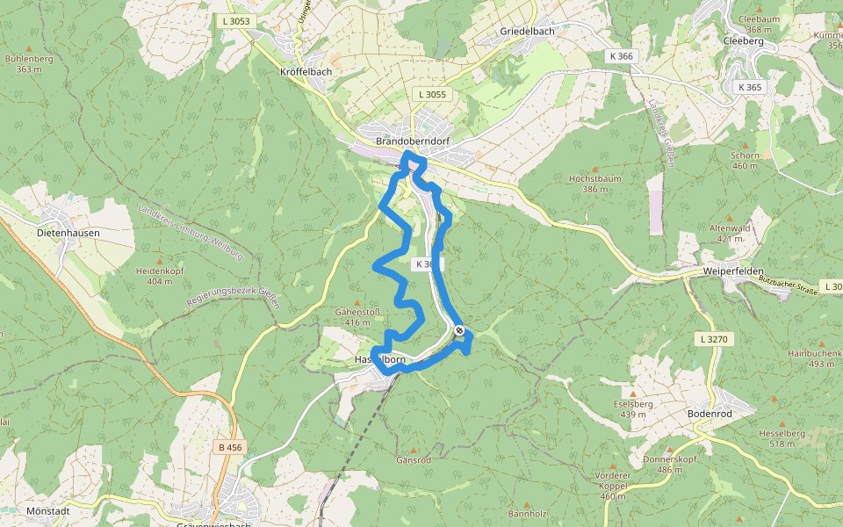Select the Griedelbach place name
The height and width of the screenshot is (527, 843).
point(527,31)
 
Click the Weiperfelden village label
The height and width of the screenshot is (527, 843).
point(733,271)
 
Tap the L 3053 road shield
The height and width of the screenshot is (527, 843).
point(235,21)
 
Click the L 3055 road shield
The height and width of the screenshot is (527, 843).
point(432,94)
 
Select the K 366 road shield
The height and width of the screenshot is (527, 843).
point(621,55)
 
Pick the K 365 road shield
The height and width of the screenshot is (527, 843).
point(750,87)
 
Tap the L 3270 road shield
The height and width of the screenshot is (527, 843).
point(715,338)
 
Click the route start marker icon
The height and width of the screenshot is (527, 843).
point(459,330)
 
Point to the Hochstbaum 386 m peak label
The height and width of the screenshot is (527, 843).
point(594,183)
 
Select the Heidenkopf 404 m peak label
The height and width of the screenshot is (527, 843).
point(159,276)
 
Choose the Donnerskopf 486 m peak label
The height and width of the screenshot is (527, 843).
point(668,464)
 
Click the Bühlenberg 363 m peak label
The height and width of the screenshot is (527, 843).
point(29,63)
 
